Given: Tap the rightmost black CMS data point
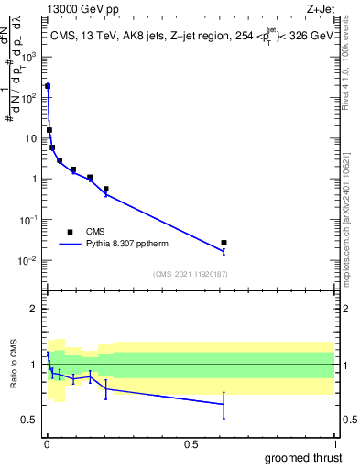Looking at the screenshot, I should [x=224, y=243].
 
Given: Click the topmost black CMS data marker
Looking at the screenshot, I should [x=48, y=86].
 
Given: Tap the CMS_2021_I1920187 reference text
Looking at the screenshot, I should [x=191, y=274].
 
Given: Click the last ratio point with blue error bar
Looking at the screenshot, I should [x=224, y=403].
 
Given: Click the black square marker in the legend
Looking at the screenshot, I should [x=69, y=232].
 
